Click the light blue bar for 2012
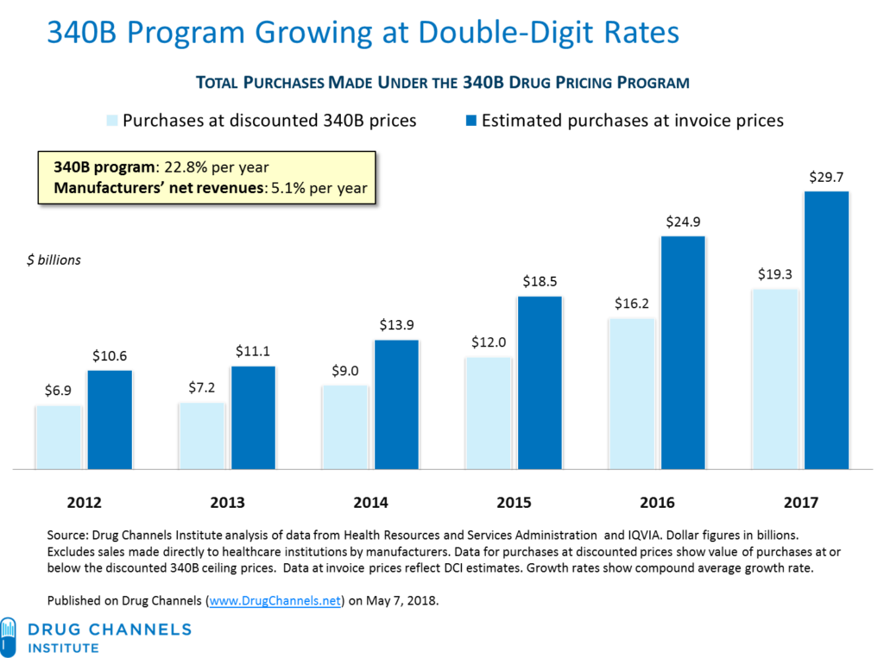click(x=59, y=437)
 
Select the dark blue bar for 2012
click(x=110, y=419)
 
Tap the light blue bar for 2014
click(x=345, y=426)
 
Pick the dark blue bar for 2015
click(x=540, y=382)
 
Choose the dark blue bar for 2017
click(x=827, y=329)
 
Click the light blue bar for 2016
click(x=632, y=393)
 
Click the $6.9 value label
click(x=58, y=391)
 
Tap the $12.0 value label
click(x=489, y=342)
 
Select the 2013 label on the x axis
click(x=227, y=503)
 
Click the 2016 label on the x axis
click(x=658, y=503)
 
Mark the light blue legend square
click(x=112, y=120)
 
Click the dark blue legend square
click(x=470, y=120)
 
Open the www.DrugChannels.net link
click(x=275, y=600)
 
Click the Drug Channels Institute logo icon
click(x=8, y=636)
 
